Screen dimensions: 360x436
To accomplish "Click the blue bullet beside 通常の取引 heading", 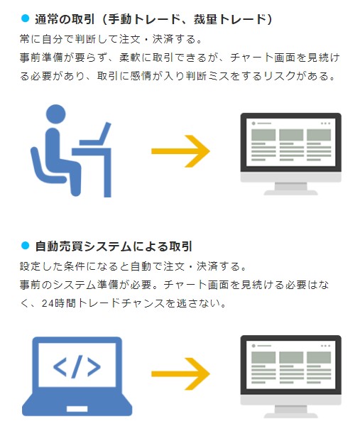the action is (25, 18).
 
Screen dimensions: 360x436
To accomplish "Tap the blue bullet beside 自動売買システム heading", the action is (25, 246).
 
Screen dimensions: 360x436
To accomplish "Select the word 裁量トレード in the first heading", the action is (230, 19).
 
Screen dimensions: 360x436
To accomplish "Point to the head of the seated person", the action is (56, 114).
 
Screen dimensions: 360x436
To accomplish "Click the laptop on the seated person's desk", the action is (95, 134).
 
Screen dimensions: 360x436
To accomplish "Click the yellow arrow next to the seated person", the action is (180, 151).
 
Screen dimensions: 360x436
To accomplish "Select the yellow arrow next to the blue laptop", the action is (180, 374).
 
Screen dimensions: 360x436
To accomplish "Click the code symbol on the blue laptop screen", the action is (77, 366).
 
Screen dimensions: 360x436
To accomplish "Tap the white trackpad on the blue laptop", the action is (77, 409).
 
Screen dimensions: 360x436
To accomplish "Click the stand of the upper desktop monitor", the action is (290, 188).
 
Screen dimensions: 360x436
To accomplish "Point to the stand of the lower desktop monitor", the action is (290, 411).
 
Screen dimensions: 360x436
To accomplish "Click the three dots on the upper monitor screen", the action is (325, 123).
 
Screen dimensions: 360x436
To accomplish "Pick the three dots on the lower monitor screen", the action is (325, 346).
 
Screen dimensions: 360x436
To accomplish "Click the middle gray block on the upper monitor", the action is (291, 135).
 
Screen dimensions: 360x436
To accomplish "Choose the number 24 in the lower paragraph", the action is (47, 303).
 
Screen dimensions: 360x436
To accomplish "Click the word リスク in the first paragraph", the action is (280, 76).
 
